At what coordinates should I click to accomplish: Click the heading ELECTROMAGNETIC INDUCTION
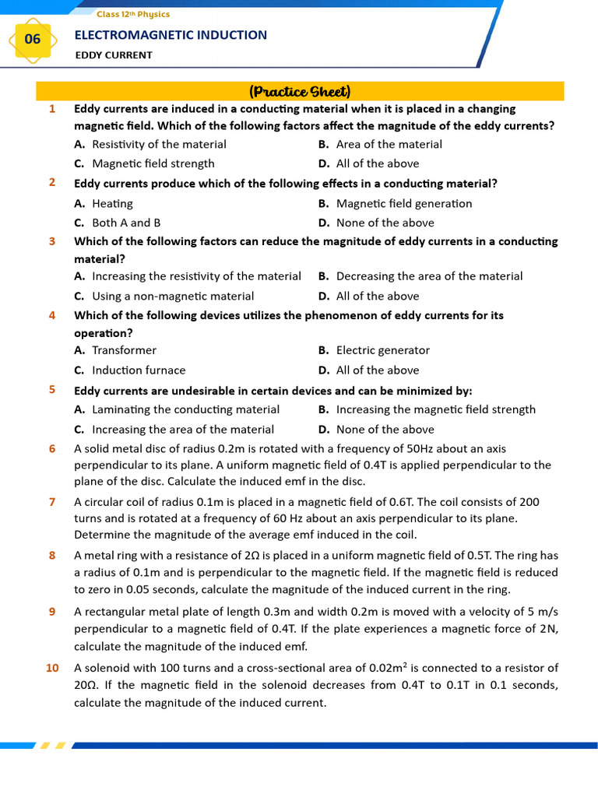pos(171,35)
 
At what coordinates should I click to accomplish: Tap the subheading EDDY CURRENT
pos(114,55)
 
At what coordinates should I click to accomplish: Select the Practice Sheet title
pos(300,91)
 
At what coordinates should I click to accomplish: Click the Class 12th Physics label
pos(133,14)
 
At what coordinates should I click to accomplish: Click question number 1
pos(52,109)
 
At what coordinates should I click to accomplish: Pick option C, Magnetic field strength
pos(153,163)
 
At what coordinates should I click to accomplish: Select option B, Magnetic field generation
pos(403,203)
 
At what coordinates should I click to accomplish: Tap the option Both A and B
pos(126,223)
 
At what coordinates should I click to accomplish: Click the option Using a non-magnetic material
pos(173,296)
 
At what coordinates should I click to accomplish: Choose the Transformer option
pos(124,350)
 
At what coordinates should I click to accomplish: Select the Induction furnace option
pos(139,370)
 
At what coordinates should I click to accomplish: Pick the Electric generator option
pos(382,350)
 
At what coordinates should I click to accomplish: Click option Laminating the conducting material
pos(185,409)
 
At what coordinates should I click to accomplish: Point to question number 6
pos(52,448)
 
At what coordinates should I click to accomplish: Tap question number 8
pos(52,555)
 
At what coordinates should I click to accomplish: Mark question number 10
pos(52,668)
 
